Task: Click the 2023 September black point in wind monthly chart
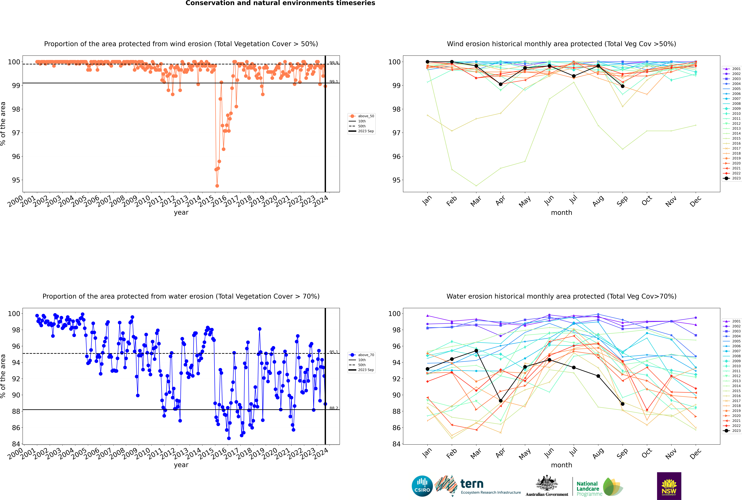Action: [622, 86]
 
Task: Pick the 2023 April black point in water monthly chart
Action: [501, 401]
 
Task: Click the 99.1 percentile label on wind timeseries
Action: [334, 82]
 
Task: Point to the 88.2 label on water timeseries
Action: [334, 408]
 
